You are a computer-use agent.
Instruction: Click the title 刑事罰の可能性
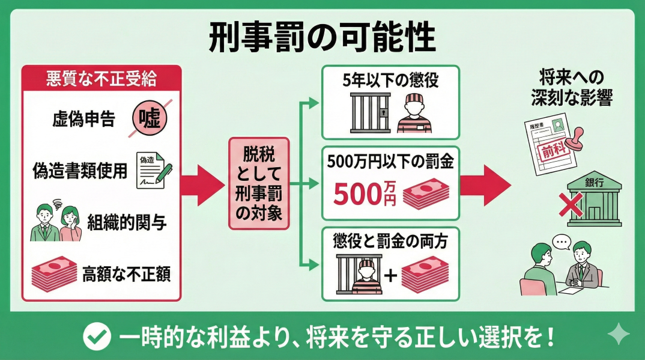click(x=322, y=38)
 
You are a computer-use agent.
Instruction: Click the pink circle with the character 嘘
click(x=149, y=118)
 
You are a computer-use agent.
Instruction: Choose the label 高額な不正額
click(x=127, y=273)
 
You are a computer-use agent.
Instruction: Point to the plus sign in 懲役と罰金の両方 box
click(x=390, y=276)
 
